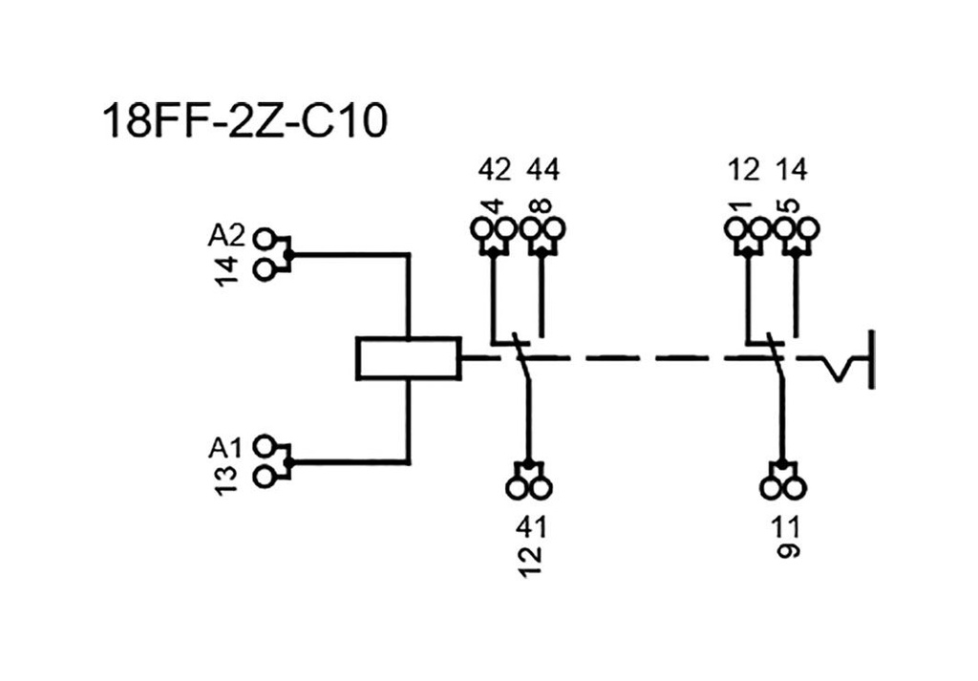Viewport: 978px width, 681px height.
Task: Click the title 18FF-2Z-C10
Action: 244,123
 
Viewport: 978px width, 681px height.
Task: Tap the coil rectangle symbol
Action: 408,358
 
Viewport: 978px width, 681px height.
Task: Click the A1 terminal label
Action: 227,447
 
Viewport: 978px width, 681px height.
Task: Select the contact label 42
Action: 494,171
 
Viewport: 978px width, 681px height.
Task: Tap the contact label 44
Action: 543,171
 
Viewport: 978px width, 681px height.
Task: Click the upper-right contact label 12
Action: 743,171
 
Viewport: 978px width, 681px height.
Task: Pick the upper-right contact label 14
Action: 792,171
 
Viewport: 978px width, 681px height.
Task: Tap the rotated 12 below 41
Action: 531,557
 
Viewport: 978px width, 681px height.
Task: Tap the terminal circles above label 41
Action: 529,486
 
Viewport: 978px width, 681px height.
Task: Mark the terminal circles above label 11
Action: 783,486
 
